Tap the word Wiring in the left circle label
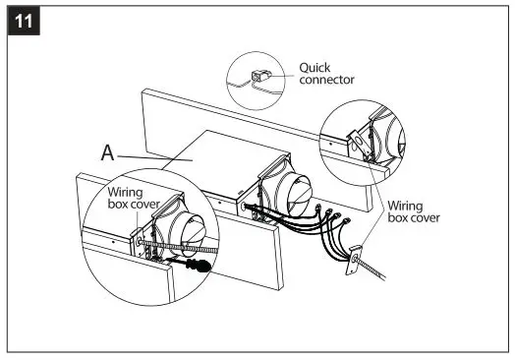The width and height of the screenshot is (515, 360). click(x=125, y=194)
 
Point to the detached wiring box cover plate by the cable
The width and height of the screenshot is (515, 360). click(x=355, y=264)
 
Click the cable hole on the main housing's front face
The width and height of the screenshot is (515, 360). click(x=242, y=208)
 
